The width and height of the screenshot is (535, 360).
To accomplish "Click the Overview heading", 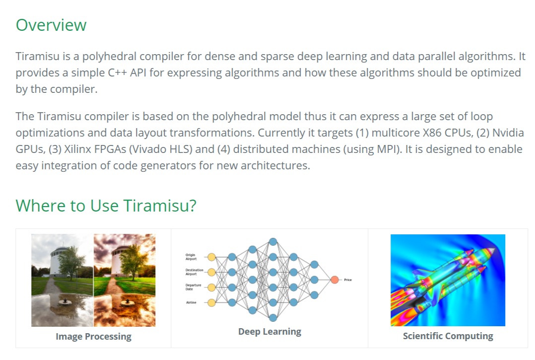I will coord(51,25).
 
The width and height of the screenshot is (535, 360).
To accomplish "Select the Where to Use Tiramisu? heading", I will coord(106,205).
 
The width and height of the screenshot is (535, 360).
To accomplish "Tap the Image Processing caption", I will coord(93,337).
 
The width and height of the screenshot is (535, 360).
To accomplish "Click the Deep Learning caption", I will coord(269,332).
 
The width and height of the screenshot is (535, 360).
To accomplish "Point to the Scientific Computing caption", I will coord(448,336).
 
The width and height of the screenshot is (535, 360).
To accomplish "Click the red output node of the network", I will coord(334,280).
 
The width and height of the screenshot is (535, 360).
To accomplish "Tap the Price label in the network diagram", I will coord(347,280).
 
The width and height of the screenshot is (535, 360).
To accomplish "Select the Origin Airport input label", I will coord(191,257).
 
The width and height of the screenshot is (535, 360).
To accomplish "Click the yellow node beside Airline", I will coord(211,302).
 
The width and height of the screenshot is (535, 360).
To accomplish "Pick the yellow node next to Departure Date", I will coord(211,287).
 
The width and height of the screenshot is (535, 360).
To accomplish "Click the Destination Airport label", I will coord(194,272).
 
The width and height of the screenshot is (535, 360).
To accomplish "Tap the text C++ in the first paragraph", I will coord(121,72).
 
